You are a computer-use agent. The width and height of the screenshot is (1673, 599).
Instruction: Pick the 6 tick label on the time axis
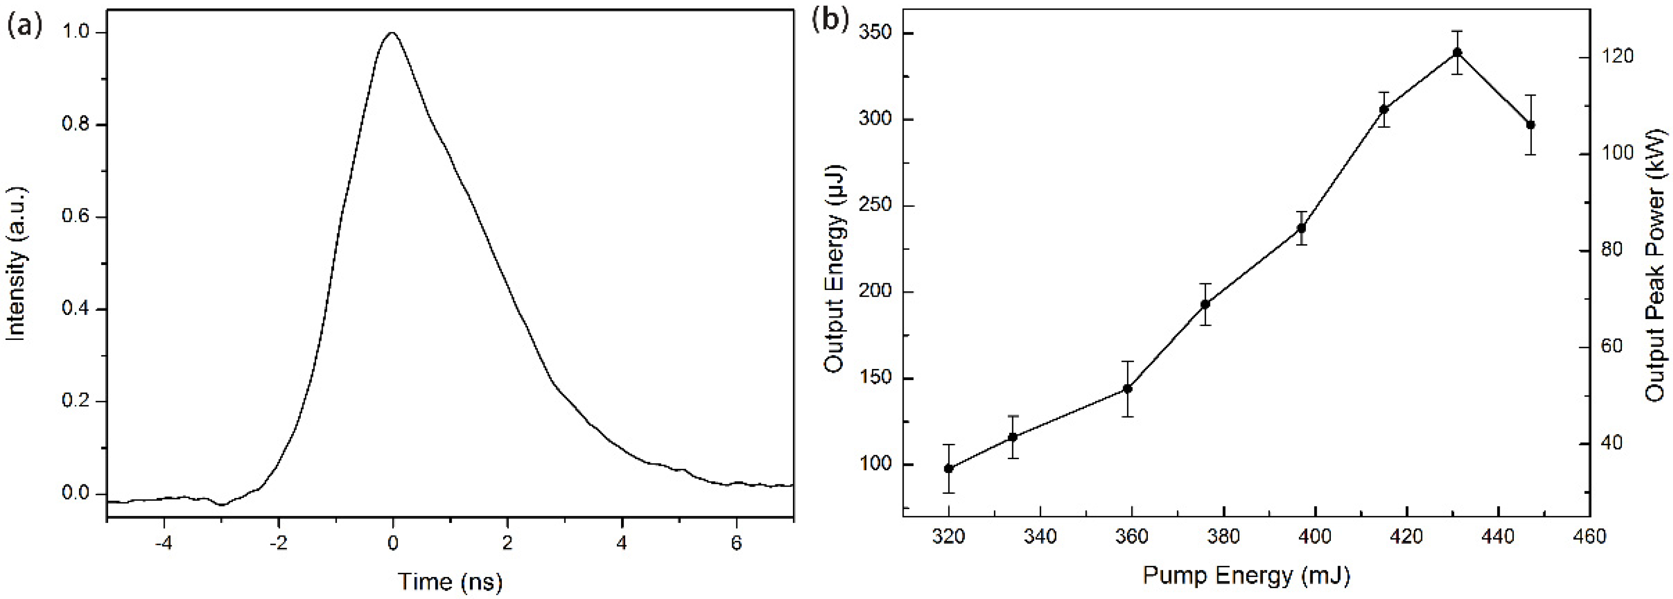(736, 543)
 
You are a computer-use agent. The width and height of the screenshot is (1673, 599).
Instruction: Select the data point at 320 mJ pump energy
(949, 468)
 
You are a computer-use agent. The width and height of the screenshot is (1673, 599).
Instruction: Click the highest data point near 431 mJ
(1458, 52)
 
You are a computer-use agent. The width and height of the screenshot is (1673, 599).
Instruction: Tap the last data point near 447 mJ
(1531, 125)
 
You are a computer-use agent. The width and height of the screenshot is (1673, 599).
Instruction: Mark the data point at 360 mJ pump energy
(1128, 388)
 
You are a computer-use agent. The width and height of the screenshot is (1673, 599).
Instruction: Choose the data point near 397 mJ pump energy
(1302, 228)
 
